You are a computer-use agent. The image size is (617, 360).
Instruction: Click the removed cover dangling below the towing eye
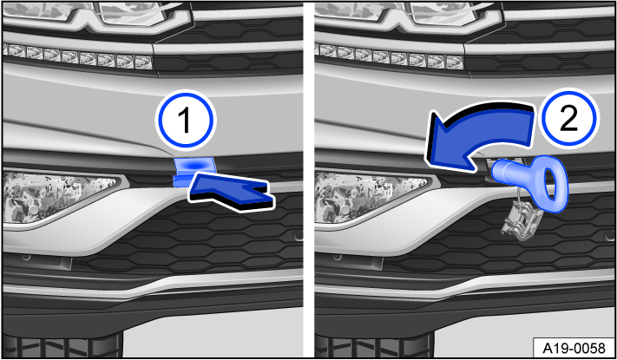click(518, 216)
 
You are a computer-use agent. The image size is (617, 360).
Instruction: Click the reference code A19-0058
click(574, 347)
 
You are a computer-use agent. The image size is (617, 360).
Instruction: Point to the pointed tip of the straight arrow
click(189, 183)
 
